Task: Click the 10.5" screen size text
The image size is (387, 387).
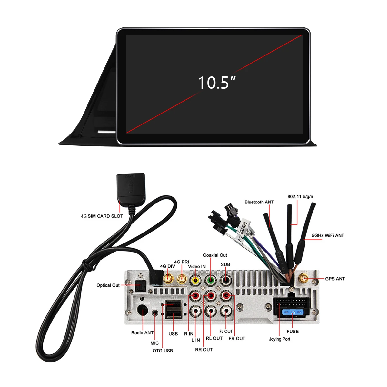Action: (x=216, y=83)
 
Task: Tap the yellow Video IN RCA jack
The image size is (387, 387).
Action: (x=195, y=280)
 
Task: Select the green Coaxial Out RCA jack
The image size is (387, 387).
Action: (x=210, y=280)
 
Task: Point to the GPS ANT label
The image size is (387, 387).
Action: (x=335, y=279)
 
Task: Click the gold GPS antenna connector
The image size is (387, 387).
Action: (x=303, y=278)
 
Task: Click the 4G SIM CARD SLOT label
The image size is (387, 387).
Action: (x=102, y=216)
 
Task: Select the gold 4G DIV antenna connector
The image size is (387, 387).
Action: (x=168, y=279)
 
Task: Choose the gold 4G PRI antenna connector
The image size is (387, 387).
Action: (x=182, y=279)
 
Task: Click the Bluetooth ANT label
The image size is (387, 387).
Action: (x=259, y=202)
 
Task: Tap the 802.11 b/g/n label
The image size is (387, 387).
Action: (x=300, y=196)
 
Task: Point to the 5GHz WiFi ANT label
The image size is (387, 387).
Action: (x=328, y=236)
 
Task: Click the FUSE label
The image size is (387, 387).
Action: (x=293, y=332)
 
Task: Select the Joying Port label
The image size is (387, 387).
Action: (x=279, y=339)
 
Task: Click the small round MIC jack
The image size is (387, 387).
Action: (x=155, y=313)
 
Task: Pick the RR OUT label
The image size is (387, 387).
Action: (x=204, y=350)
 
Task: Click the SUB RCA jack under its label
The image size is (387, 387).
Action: (x=225, y=280)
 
